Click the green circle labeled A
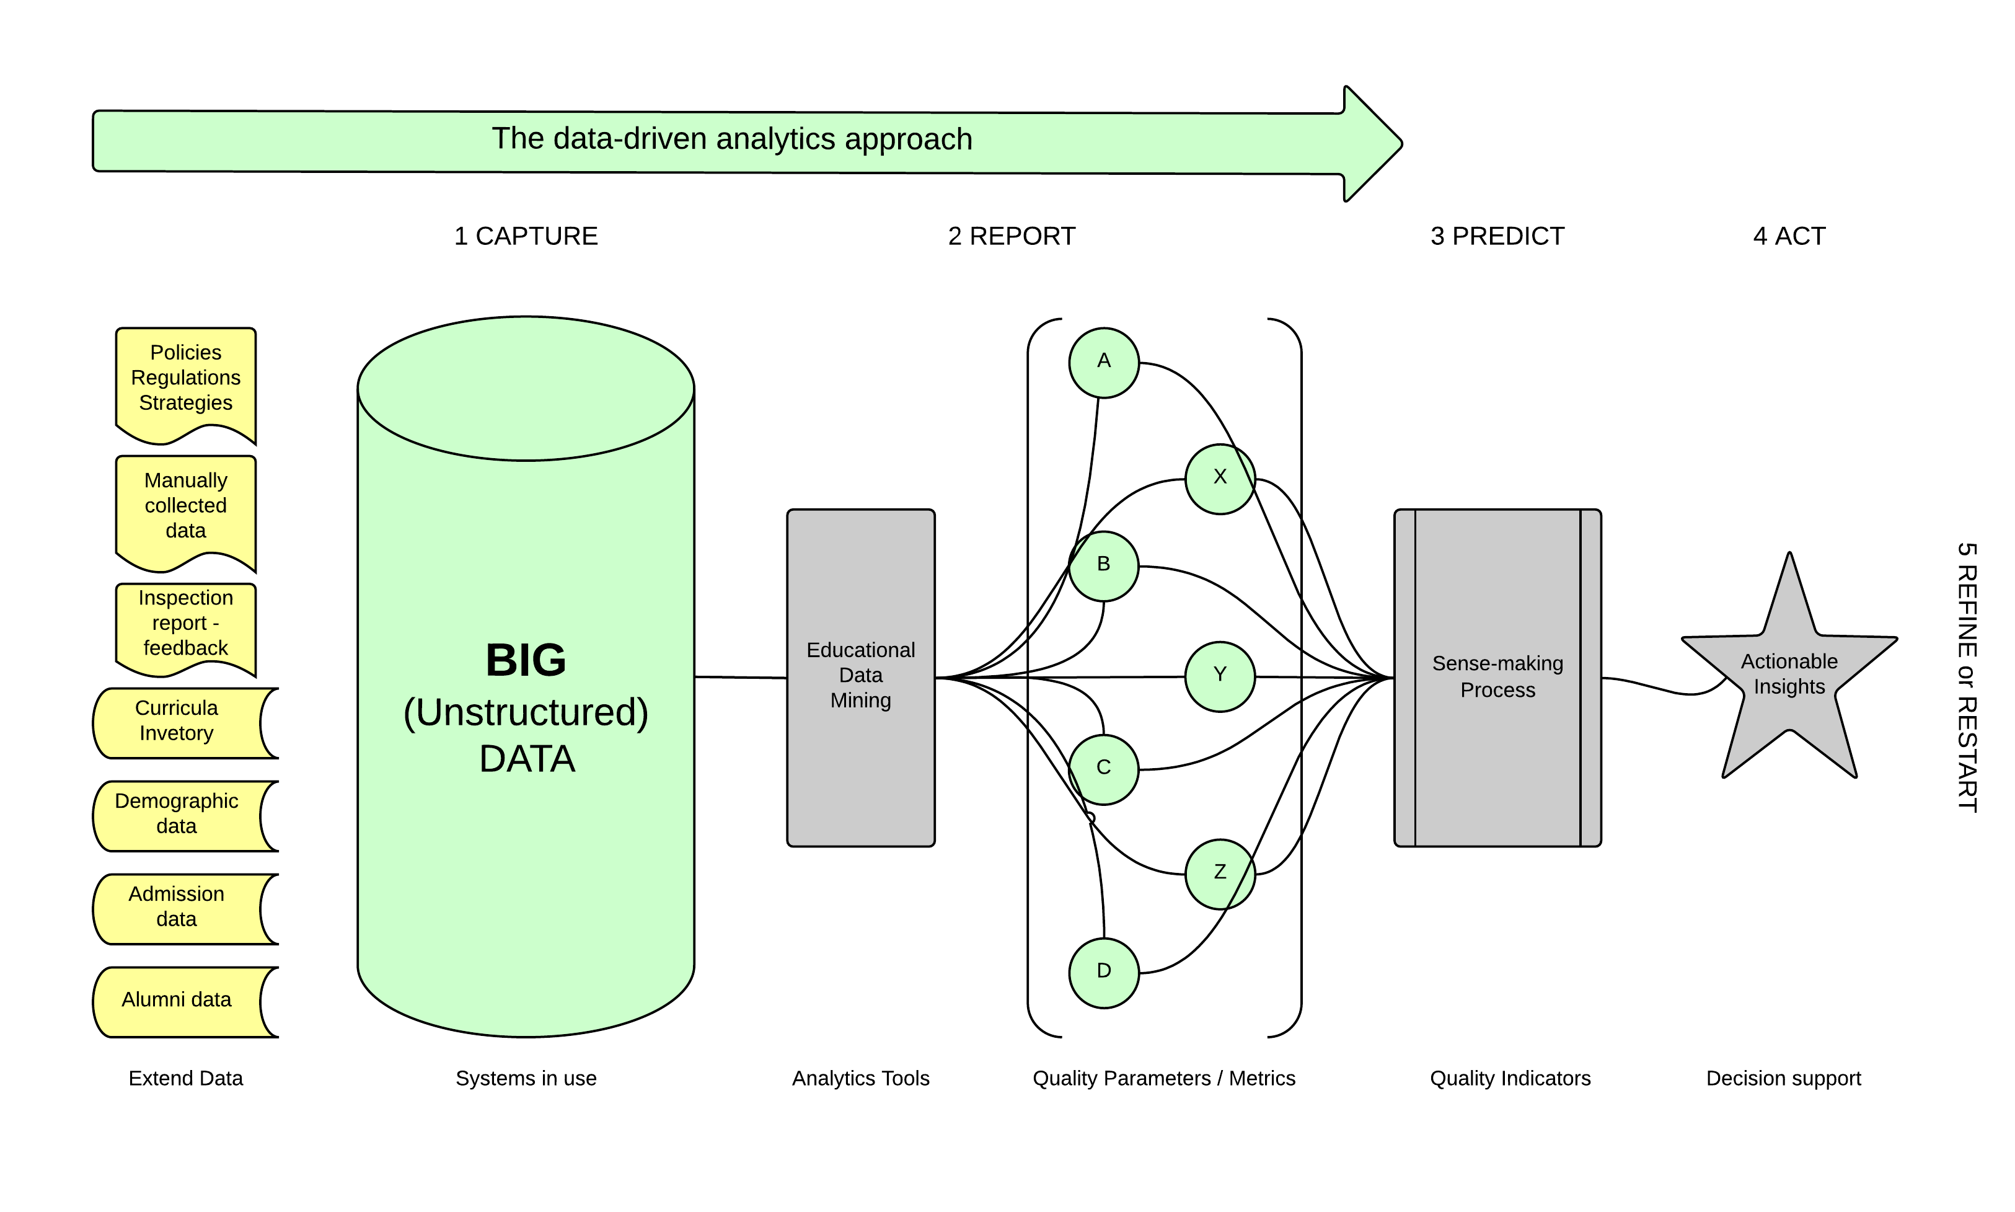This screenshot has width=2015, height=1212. [1103, 363]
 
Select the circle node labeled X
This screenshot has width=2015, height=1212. [1219, 479]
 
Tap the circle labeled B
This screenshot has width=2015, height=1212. [1103, 566]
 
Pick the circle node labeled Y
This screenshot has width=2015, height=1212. [1219, 676]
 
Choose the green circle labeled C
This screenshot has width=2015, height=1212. [1103, 769]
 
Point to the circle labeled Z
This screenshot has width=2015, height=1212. [1219, 874]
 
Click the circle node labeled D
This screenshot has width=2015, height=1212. [1103, 973]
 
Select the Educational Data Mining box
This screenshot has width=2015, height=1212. [860, 677]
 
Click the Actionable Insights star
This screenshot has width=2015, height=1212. [1788, 675]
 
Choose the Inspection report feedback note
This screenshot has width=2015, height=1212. [185, 624]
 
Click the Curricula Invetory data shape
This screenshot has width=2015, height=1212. [177, 722]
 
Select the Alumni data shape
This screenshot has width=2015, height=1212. [177, 1001]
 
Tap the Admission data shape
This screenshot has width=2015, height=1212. [177, 908]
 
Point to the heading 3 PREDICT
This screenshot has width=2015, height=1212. [1497, 236]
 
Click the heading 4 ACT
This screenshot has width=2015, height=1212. [1788, 236]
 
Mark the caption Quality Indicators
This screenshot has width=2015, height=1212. [1510, 1078]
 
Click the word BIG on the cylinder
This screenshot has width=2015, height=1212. [526, 660]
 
